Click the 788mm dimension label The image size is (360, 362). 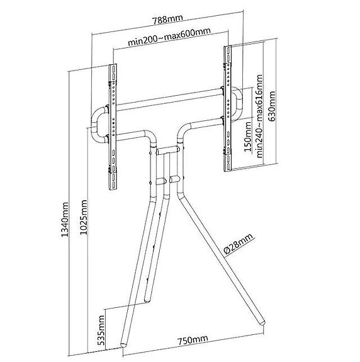[x=168, y=19]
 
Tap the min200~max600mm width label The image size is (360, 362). [x=169, y=37]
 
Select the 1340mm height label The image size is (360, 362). [x=65, y=219]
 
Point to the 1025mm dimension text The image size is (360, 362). [x=84, y=217]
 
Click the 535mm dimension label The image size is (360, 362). [x=101, y=330]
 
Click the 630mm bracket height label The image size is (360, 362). [x=272, y=106]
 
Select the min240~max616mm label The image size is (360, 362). [x=259, y=116]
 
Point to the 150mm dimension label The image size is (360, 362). [x=248, y=137]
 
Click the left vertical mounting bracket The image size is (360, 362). [x=113, y=127]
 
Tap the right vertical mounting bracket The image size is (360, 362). [x=228, y=108]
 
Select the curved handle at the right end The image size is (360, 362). [x=239, y=104]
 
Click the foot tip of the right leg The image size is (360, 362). [x=262, y=322]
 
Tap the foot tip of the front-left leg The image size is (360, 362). [x=123, y=344]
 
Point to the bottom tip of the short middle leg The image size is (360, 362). [x=147, y=300]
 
